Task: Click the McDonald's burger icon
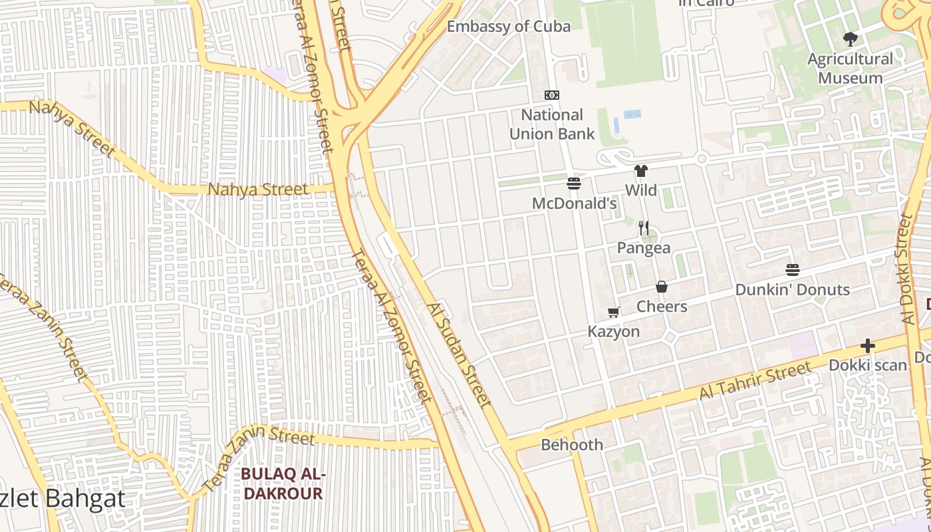point(574,184)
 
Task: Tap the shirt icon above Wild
point(641,171)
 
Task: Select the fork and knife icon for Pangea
point(643,228)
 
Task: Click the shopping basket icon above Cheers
point(662,287)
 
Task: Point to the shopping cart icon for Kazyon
point(614,312)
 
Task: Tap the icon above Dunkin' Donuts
point(793,270)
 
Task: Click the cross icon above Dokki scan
point(868,346)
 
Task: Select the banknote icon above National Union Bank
point(552,95)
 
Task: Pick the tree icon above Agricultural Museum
point(850,39)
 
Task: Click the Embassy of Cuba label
point(509,27)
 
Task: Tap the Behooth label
point(572,445)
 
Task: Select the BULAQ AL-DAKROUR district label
point(283,483)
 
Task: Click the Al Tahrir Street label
point(755,380)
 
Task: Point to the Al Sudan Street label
point(460,355)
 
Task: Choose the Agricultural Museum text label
point(851,68)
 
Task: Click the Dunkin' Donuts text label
point(792,290)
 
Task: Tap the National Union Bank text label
point(552,124)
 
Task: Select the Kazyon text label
point(614,331)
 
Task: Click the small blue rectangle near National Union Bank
point(632,114)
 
